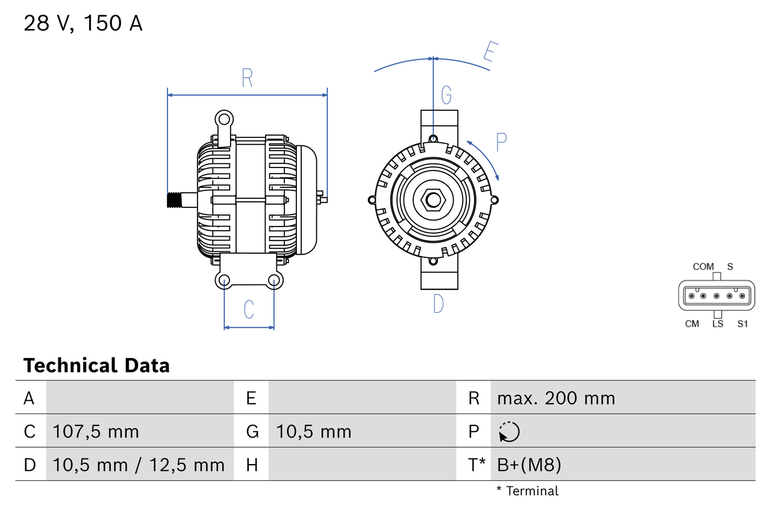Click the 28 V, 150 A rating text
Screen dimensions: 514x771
click(x=83, y=24)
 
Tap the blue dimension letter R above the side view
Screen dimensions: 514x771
click(x=247, y=78)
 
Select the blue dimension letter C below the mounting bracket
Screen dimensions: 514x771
click(x=249, y=309)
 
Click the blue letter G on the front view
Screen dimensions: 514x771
click(x=446, y=95)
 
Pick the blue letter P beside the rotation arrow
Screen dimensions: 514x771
click(x=501, y=142)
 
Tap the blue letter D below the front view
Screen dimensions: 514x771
click(x=439, y=304)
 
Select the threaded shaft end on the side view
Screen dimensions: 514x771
click(x=175, y=200)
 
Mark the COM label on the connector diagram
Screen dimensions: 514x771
click(x=703, y=266)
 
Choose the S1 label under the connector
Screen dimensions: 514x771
click(x=742, y=324)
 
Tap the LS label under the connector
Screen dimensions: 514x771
click(x=717, y=324)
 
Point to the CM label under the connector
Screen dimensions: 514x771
click(x=692, y=324)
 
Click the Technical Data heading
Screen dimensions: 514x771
click(x=96, y=366)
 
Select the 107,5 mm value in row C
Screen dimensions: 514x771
click(x=96, y=431)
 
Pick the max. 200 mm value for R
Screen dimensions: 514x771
click(x=556, y=398)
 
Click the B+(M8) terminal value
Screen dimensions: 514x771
click(x=529, y=465)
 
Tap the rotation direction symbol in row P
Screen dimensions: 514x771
click(x=509, y=431)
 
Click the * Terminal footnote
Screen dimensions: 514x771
click(x=528, y=491)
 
